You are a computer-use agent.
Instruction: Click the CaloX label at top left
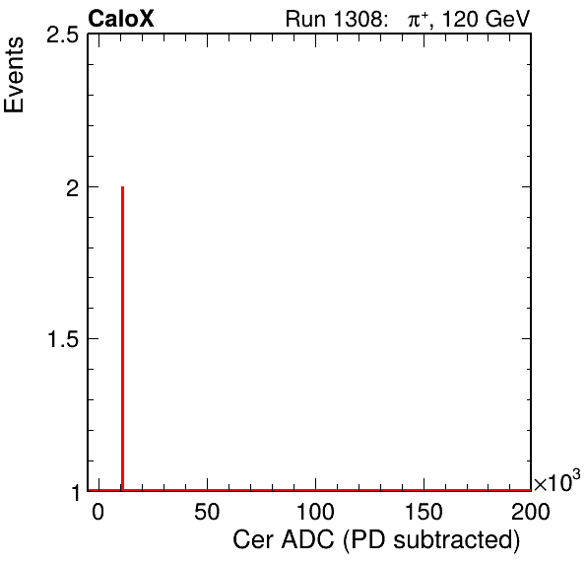click(121, 19)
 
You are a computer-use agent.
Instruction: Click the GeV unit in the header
click(508, 19)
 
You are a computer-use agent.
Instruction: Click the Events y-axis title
click(14, 75)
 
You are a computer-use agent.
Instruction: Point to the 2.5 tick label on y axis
click(62, 35)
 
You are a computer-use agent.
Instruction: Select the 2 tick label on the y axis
click(73, 188)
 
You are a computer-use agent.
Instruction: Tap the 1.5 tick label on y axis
click(63, 340)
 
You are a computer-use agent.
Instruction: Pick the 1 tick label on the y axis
click(76, 493)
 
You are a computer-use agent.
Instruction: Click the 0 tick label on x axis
click(98, 512)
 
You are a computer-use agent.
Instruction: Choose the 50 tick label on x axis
click(207, 512)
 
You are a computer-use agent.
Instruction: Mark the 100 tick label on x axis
click(315, 512)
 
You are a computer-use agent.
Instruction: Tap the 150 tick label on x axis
click(424, 512)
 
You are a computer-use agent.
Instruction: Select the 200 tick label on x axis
click(531, 512)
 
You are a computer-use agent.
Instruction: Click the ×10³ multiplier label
click(557, 481)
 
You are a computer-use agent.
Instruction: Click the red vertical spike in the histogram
click(122, 338)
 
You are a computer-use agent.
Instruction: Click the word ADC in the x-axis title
click(307, 540)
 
